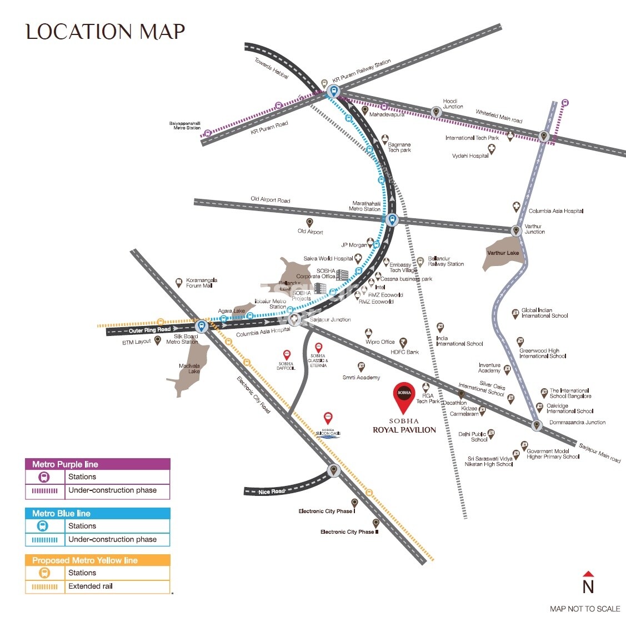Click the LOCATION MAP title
pyautogui.click(x=106, y=32)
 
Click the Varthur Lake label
pyautogui.click(x=503, y=253)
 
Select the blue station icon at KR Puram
pyautogui.click(x=333, y=92)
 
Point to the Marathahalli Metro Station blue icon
pyautogui.click(x=392, y=219)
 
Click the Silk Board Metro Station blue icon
pyautogui.click(x=201, y=326)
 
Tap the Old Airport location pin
pyautogui.click(x=310, y=222)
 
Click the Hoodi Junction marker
pyautogui.click(x=436, y=112)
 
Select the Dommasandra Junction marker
pyautogui.click(x=536, y=425)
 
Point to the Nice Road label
pyautogui.click(x=271, y=491)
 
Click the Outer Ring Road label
pyautogui.click(x=149, y=330)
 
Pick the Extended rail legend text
pyautogui.click(x=91, y=586)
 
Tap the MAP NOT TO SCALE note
pyautogui.click(x=584, y=609)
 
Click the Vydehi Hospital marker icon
pyautogui.click(x=491, y=149)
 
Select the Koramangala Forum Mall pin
pyautogui.click(x=179, y=283)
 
